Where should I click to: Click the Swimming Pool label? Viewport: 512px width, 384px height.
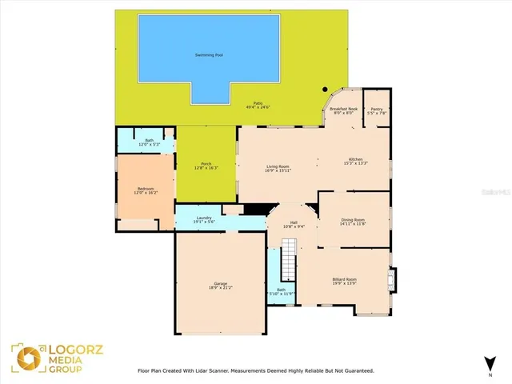[x=210, y=55]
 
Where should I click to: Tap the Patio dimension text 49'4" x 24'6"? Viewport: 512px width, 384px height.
[x=258, y=107]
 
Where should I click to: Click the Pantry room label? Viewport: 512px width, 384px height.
[x=376, y=109]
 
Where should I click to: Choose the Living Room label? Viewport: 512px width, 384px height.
[x=278, y=166]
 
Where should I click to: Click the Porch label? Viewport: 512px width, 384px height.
[x=206, y=163]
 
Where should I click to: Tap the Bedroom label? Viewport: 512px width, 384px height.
[x=146, y=188]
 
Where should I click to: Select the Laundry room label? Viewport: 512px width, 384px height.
[x=204, y=218]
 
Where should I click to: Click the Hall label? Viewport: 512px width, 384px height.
[x=294, y=222]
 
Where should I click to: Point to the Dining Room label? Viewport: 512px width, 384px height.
[x=353, y=220]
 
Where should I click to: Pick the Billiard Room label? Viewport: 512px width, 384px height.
[x=344, y=278]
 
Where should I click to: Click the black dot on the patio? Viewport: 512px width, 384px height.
[x=325, y=90]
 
